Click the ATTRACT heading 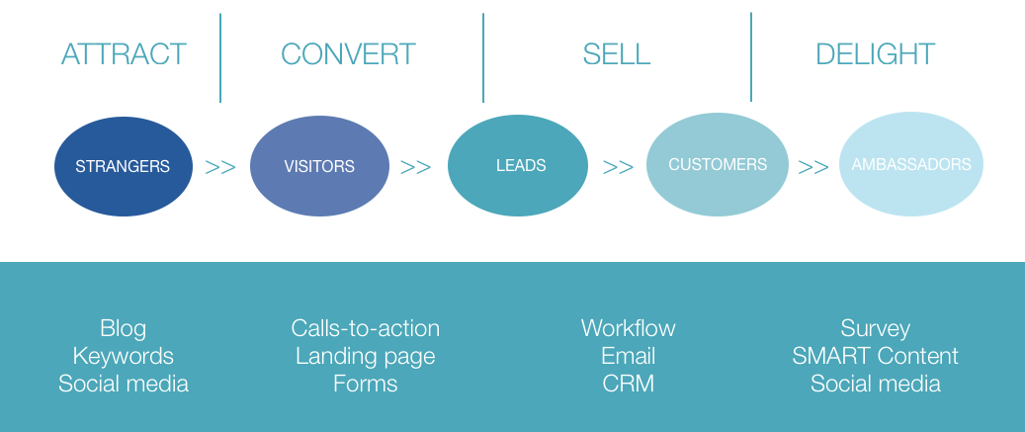coord(124,53)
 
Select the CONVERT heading coord(348,53)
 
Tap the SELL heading coord(616,53)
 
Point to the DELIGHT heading coord(875,53)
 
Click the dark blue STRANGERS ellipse coord(123,166)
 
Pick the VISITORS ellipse coord(318,166)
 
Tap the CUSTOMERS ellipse coord(718,164)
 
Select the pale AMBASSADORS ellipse coord(910,164)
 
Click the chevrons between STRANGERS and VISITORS coord(220,167)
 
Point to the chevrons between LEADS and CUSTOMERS coord(618,167)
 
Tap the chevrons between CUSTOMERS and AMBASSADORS coord(813,167)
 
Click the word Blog coord(123,328)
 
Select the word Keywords coord(123,356)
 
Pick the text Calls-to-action coord(365,328)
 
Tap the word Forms coord(365,384)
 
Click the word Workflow coord(628,328)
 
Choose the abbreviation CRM coord(628,384)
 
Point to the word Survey coord(875,328)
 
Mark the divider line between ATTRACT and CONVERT coord(220,57)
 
